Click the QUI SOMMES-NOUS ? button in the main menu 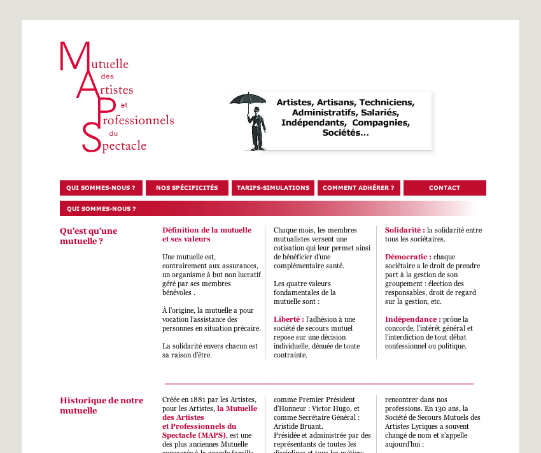pos(101,188)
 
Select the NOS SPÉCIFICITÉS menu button pos(186,188)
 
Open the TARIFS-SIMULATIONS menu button pos(273,188)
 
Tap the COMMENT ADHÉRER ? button pos(358,188)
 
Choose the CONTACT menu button pos(444,188)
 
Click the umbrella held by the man pos(248,99)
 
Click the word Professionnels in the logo pos(137,120)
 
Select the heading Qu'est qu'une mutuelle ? pos(88,236)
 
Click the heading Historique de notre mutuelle pos(101,405)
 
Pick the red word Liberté pos(287,319)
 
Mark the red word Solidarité pos(404,230)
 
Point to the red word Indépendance pos(412,319)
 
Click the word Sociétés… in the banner pos(346,133)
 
